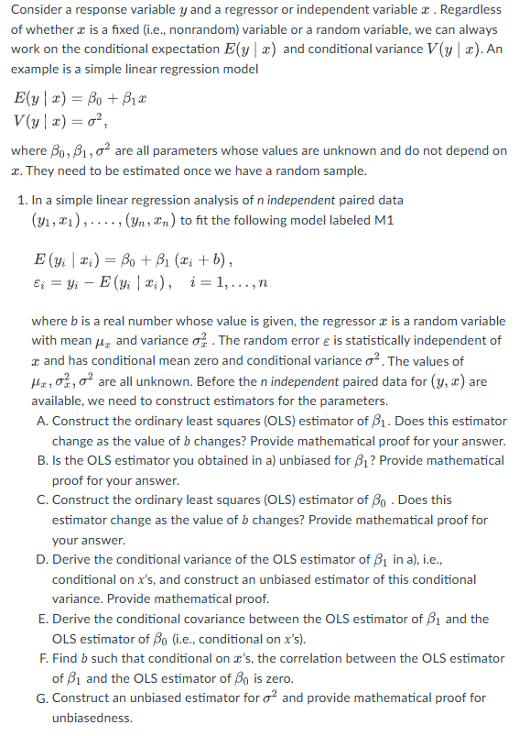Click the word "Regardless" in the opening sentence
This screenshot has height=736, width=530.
tap(460, 10)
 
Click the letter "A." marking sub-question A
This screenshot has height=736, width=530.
tap(43, 421)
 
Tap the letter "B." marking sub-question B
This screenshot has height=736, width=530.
tap(43, 460)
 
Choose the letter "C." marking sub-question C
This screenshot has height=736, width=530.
tap(43, 500)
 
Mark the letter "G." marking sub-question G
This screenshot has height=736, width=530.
tap(43, 698)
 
